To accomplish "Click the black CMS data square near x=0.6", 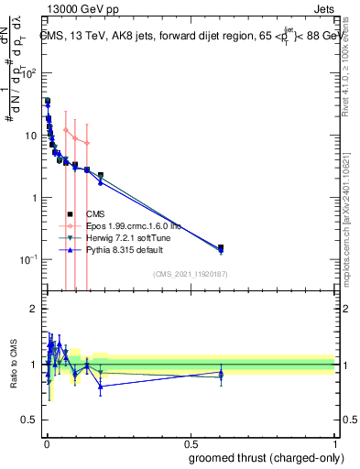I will point(221,247).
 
